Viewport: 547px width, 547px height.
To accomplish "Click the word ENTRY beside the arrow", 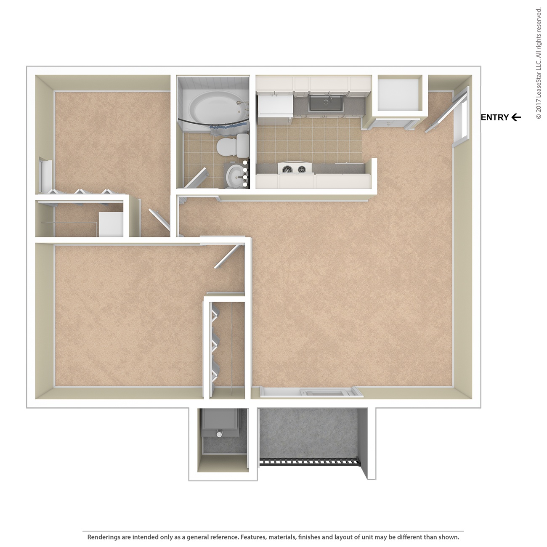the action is point(495,117).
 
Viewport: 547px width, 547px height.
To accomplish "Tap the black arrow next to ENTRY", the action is point(516,117).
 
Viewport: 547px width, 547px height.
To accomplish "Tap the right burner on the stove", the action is point(302,170).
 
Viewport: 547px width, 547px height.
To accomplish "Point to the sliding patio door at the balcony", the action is point(311,392).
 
